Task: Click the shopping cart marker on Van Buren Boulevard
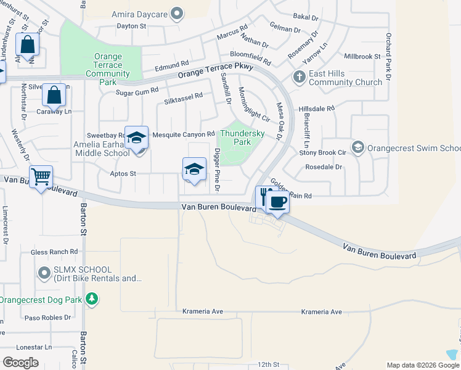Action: click(41, 177)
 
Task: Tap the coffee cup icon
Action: click(278, 202)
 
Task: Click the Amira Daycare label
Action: click(139, 14)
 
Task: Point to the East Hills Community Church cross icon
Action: click(299, 77)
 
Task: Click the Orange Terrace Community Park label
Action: click(108, 69)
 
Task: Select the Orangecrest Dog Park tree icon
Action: click(92, 300)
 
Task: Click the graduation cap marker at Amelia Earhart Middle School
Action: click(136, 138)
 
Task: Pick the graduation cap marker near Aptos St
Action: click(194, 169)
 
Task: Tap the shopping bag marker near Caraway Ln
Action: click(54, 96)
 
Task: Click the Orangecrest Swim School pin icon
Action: click(357, 147)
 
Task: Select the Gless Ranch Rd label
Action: click(54, 252)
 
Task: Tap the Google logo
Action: click(20, 363)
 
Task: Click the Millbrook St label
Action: click(362, 56)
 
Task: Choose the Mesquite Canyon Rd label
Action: click(183, 134)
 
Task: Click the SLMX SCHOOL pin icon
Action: click(44, 272)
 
